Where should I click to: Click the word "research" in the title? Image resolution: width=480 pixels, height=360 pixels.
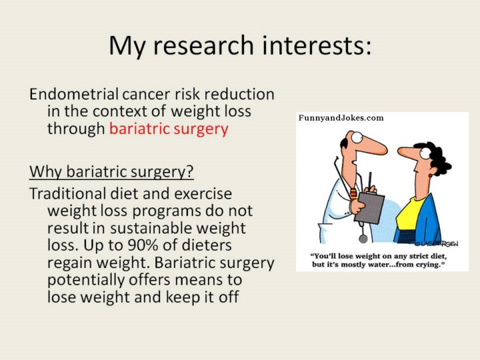click(x=203, y=45)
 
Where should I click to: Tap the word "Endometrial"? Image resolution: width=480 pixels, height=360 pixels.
click(x=74, y=94)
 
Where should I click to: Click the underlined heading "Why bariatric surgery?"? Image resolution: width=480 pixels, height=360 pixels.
click(x=111, y=172)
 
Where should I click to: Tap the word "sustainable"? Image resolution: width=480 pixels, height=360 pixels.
click(x=151, y=228)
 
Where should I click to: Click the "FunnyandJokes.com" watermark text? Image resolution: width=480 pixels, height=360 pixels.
click(x=341, y=118)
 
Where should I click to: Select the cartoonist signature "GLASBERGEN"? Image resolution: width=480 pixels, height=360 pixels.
click(x=436, y=243)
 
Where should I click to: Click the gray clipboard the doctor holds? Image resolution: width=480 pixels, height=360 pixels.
click(x=369, y=207)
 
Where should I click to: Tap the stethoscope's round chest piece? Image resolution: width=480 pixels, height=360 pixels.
click(x=363, y=238)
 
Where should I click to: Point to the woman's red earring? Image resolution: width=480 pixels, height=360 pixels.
click(x=430, y=175)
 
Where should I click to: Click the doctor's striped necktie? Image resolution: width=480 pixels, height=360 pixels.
click(x=353, y=194)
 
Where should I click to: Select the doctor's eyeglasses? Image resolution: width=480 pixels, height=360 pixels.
click(x=357, y=137)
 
